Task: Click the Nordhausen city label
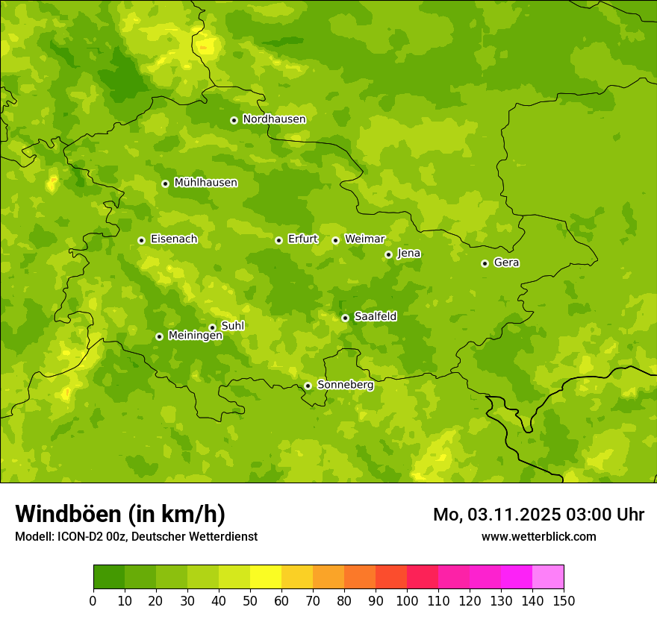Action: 274,119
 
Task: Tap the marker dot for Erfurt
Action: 278,240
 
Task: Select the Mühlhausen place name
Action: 205,183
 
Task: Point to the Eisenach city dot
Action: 141,240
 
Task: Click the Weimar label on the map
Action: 364,239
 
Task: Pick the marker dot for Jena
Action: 388,254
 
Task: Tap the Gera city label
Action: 506,263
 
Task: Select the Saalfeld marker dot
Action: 345,318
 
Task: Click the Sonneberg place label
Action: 345,385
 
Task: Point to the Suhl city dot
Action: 212,327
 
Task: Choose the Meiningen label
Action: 195,336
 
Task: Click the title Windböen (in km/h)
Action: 120,514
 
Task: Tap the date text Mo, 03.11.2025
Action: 496,515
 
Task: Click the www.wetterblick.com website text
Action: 538,536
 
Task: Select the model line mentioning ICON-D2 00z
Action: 136,536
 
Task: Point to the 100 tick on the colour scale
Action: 407,600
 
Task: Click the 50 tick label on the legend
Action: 250,600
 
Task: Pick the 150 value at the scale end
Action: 564,600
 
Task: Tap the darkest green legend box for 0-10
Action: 109,576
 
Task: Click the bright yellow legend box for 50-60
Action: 266,576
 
